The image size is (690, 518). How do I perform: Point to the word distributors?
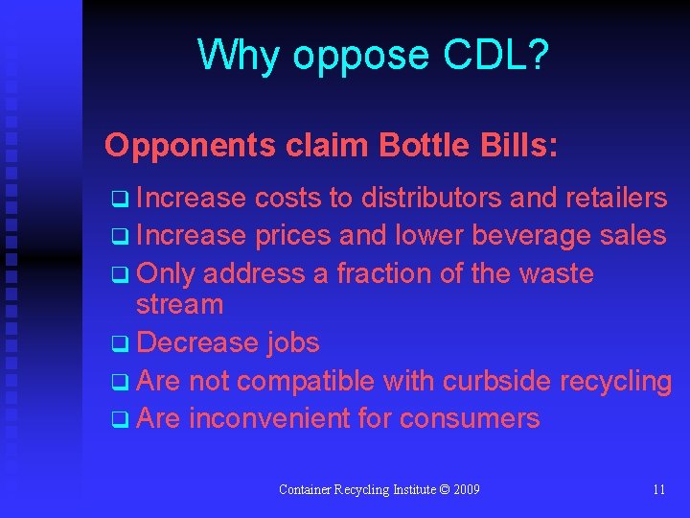(x=429, y=198)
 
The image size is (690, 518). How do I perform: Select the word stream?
(x=179, y=305)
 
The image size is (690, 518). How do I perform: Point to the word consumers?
(x=470, y=419)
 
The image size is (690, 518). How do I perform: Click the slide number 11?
(x=658, y=489)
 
